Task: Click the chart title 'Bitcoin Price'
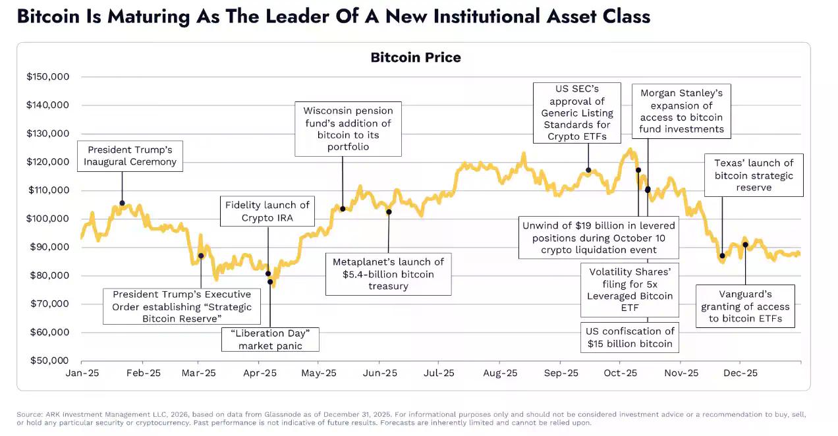click(416, 57)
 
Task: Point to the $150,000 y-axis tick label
click(48, 77)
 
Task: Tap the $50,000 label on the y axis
click(48, 360)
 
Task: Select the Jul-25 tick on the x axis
click(439, 373)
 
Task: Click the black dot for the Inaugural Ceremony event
click(122, 203)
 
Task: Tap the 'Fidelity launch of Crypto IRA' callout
click(267, 211)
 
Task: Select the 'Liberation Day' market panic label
click(270, 339)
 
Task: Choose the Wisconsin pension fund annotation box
click(348, 129)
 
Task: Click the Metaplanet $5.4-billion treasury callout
click(389, 273)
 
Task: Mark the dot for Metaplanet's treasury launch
click(389, 212)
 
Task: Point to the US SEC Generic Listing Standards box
click(577, 113)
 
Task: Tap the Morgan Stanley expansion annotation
click(682, 111)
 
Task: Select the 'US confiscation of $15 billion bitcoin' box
click(630, 337)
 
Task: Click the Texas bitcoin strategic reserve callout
click(754, 175)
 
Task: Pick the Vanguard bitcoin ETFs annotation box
click(745, 306)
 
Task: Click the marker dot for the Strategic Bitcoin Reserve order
click(201, 256)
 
